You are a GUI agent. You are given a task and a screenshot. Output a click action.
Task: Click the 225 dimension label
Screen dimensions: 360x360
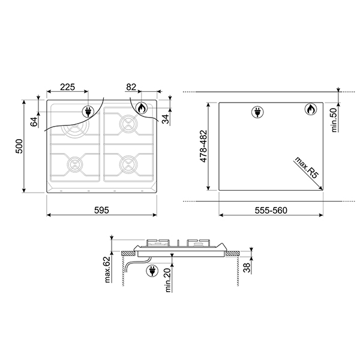coord(67,87)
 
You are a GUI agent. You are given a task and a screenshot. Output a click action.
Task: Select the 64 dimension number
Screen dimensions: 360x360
coord(34,121)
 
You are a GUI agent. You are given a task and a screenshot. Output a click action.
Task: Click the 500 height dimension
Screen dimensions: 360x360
coord(18,146)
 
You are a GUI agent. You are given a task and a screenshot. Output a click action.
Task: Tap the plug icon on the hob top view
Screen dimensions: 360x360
coord(88,112)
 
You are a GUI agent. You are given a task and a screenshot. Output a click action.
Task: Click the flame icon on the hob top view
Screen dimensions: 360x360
coord(140,109)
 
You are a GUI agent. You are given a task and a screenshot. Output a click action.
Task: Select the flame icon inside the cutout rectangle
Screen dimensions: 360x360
coord(310,109)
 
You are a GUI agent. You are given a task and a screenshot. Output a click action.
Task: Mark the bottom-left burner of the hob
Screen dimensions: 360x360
coord(76,162)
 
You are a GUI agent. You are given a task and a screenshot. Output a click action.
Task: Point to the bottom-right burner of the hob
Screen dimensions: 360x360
coord(127,162)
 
